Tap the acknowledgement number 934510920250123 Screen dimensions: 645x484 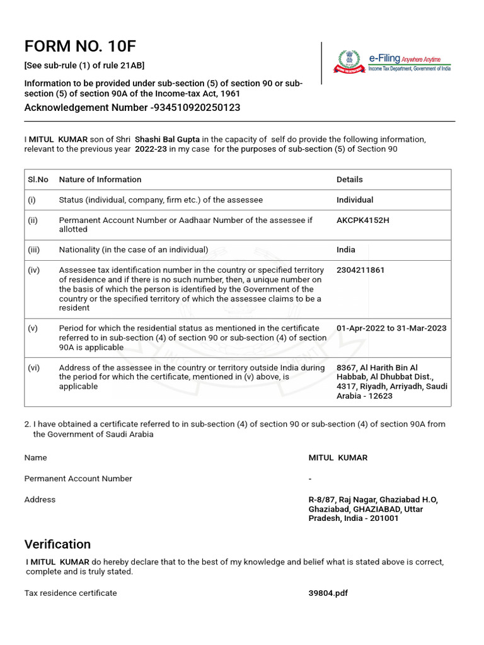click(197, 108)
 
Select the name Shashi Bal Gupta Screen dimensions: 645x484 click(167, 140)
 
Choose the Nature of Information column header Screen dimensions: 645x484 click(100, 180)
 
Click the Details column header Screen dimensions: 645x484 click(349, 180)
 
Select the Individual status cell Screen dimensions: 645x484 click(354, 200)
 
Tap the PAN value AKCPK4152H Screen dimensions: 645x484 click(362, 220)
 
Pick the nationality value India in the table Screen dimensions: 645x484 click(345, 249)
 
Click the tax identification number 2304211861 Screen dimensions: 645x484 click(360, 270)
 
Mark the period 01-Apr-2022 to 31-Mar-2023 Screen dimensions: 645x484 click(391, 328)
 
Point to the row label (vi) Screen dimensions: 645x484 click(33, 368)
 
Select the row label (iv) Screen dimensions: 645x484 click(33, 270)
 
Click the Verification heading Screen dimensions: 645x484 click(57, 544)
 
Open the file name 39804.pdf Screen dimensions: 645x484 click(328, 593)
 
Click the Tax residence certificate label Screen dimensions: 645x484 click(71, 593)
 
